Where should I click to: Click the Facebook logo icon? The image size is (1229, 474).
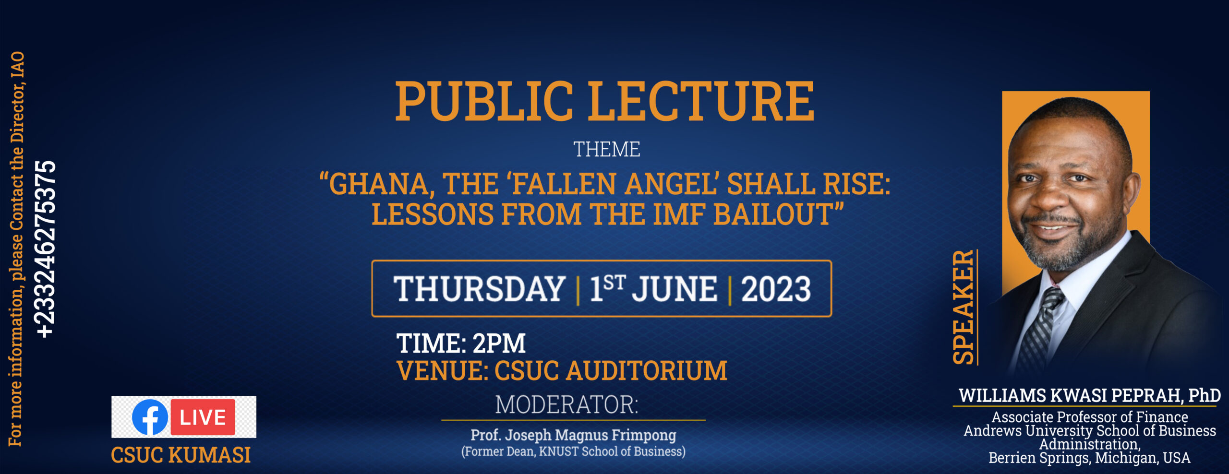click(x=150, y=417)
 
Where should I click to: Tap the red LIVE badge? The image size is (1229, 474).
click(x=203, y=417)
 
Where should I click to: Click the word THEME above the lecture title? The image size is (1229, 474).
click(x=607, y=149)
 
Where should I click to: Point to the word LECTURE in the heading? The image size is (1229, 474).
click(x=701, y=101)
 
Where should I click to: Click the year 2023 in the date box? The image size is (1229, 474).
click(x=776, y=289)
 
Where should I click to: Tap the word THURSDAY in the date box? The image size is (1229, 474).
click(x=480, y=289)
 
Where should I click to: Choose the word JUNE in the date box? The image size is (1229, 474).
click(x=675, y=289)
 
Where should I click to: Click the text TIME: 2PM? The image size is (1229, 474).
click(x=461, y=343)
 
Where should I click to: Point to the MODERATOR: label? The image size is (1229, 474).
click(x=567, y=404)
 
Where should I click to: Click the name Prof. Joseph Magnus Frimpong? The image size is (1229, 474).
click(x=573, y=435)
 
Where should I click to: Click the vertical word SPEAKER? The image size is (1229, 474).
click(x=963, y=307)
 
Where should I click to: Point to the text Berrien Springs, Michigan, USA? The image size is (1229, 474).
click(x=1089, y=458)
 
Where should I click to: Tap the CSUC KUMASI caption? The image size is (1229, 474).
click(x=181, y=455)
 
